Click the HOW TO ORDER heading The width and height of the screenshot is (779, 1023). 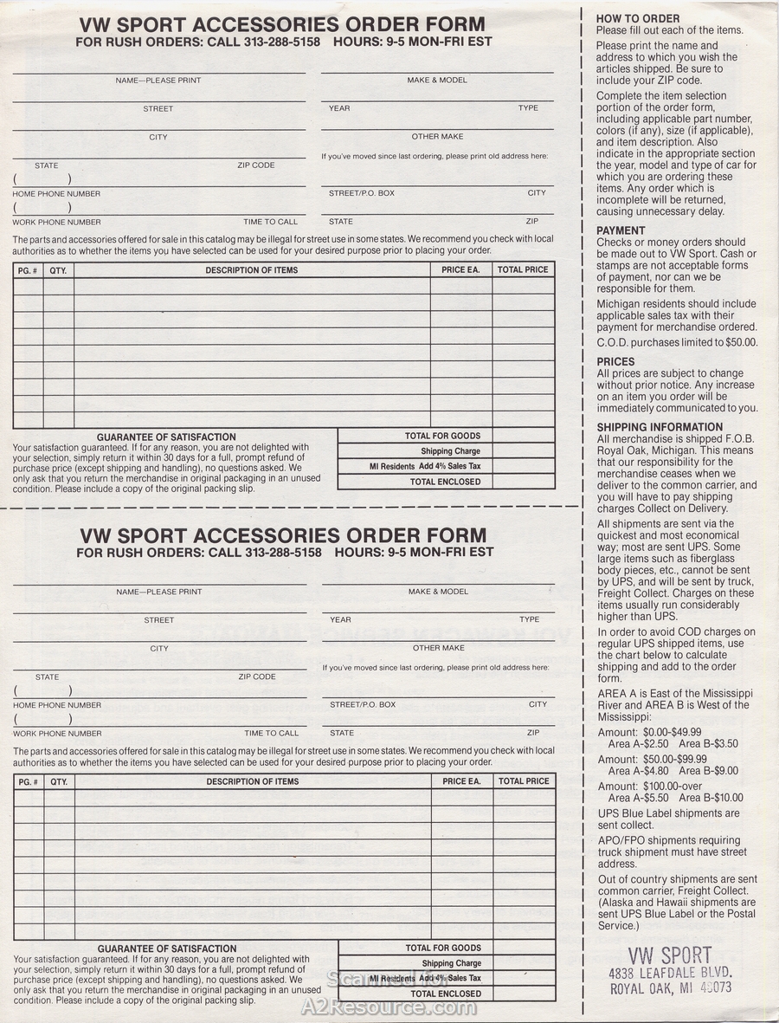[x=638, y=18]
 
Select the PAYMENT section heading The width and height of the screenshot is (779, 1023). [x=621, y=230]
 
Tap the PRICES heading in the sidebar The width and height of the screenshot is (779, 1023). [x=615, y=361]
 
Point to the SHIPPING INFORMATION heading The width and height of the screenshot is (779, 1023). [x=660, y=427]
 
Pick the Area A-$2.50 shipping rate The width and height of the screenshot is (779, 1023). [x=639, y=743]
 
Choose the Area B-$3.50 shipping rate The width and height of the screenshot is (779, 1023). [x=708, y=743]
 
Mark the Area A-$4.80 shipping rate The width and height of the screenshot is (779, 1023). [x=639, y=770]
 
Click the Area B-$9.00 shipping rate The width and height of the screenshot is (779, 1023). [x=708, y=770]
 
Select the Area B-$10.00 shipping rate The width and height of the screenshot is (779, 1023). [x=711, y=798]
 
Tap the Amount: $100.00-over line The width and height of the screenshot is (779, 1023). [x=661, y=787]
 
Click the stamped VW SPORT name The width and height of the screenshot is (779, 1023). [x=670, y=956]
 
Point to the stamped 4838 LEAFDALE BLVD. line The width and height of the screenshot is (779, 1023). [x=670, y=972]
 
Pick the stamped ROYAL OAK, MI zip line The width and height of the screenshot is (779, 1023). [x=670, y=987]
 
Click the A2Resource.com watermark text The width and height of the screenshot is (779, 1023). [x=390, y=1007]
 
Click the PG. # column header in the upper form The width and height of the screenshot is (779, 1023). [x=28, y=270]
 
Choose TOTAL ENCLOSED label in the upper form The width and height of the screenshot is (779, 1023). [x=445, y=482]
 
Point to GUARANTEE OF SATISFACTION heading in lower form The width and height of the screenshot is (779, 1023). [x=167, y=949]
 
